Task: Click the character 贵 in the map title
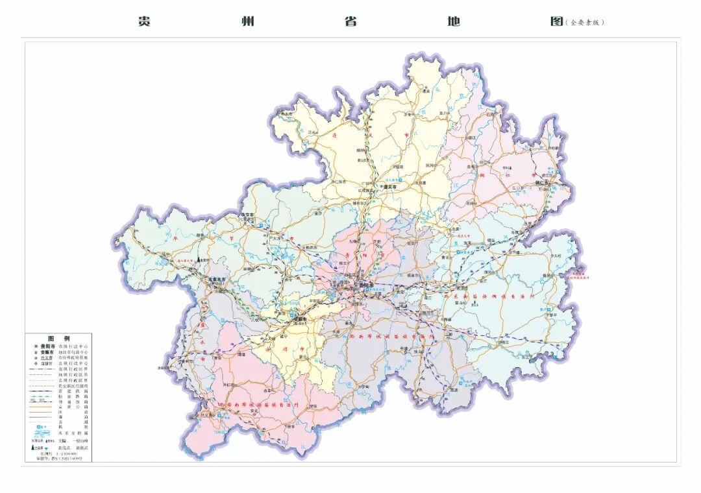click(x=144, y=21)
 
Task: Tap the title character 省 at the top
click(x=350, y=21)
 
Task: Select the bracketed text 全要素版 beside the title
click(x=585, y=22)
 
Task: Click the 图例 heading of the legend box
click(x=59, y=339)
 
